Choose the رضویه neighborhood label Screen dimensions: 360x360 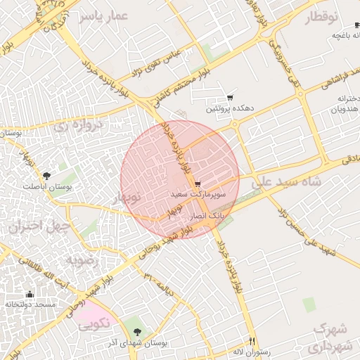coord(84,260)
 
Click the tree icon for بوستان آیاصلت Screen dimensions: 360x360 coord(47,176)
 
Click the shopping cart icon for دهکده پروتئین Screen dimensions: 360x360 coord(230,98)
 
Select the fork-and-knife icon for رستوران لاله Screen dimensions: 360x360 coord(252,341)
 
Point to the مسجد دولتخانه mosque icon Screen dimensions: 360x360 coord(30,294)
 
